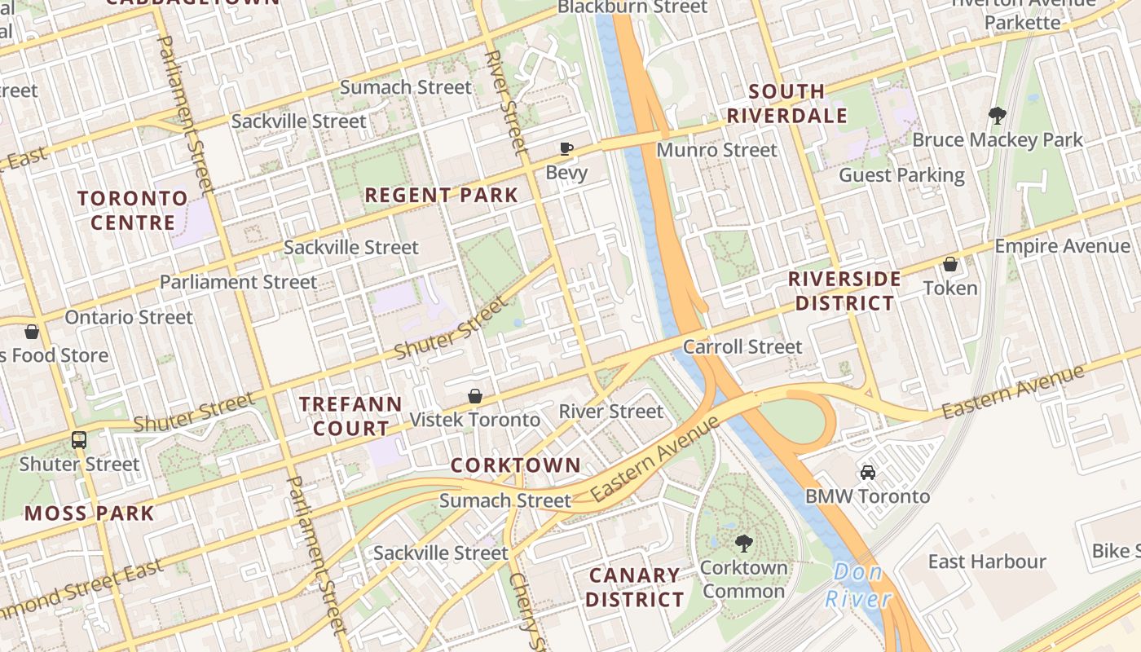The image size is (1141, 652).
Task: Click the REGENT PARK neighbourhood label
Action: pyautogui.click(x=441, y=195)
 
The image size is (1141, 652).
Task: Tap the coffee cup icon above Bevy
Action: pyautogui.click(x=566, y=148)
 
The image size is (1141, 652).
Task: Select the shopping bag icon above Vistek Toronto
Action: pyautogui.click(x=475, y=396)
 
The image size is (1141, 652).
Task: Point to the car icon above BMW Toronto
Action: pyautogui.click(x=868, y=473)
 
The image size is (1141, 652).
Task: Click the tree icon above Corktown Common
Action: pyautogui.click(x=743, y=543)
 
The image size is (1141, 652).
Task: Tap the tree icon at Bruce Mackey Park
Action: pyautogui.click(x=997, y=115)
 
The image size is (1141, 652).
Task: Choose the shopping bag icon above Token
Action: pyautogui.click(x=950, y=264)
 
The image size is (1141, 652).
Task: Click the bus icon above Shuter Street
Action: pyautogui.click(x=79, y=439)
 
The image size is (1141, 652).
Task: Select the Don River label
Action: pyautogui.click(x=858, y=586)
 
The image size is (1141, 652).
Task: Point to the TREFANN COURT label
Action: pyautogui.click(x=350, y=416)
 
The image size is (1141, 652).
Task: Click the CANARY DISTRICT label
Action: pyautogui.click(x=635, y=587)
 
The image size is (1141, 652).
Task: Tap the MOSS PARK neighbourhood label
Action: pyautogui.click(x=89, y=513)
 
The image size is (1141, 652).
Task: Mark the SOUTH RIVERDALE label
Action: pyautogui.click(x=786, y=104)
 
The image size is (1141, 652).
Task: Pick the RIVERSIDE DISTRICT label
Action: pyautogui.click(x=844, y=291)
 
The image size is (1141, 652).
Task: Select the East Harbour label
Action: pyautogui.click(x=987, y=562)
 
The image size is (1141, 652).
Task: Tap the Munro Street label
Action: pyautogui.click(x=716, y=150)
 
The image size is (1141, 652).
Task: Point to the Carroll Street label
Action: pyautogui.click(x=742, y=346)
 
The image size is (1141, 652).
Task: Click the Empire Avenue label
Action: pyautogui.click(x=1062, y=245)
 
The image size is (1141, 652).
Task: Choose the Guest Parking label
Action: pyautogui.click(x=901, y=175)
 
